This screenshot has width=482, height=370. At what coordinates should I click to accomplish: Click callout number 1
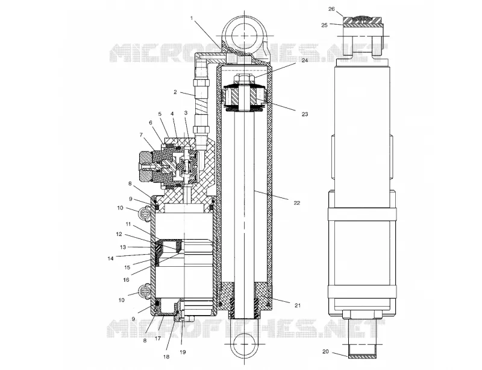pos(192,18)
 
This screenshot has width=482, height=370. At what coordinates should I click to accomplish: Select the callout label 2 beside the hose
pos(175,92)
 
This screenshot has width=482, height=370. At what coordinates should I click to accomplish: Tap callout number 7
pos(141,135)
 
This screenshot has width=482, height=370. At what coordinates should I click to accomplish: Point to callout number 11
pos(128,224)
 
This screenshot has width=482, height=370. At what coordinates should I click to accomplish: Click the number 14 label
pos(111,258)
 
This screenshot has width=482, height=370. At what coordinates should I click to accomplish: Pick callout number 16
pos(126,279)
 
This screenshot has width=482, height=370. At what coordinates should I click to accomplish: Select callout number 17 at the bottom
pos(158,338)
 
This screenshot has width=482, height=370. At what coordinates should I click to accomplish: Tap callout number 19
pos(183,352)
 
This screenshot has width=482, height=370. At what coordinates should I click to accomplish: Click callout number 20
pos(325,351)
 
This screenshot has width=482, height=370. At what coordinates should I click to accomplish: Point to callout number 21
pos(297,305)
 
